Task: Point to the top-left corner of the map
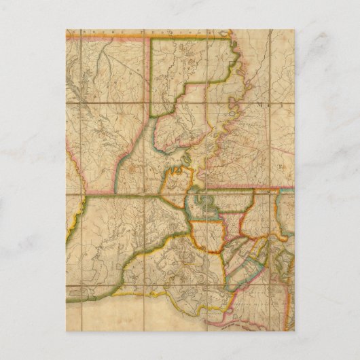[x=67, y=30]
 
